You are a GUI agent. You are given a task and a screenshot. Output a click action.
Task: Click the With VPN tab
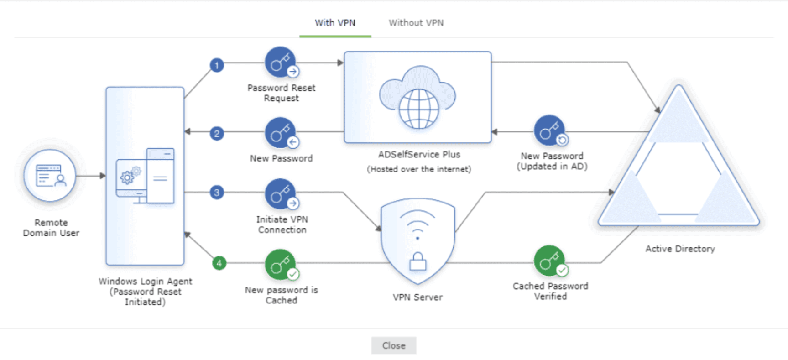tap(335, 23)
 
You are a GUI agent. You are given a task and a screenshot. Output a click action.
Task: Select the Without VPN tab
tap(416, 23)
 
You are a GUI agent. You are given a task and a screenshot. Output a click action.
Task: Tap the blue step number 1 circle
tap(217, 65)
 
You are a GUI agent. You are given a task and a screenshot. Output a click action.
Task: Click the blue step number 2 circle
tap(217, 134)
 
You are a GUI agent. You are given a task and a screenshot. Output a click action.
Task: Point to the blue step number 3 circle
tap(217, 193)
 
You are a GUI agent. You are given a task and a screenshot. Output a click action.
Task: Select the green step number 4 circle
tap(219, 263)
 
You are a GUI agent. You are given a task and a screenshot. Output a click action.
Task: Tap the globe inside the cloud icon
tap(418, 109)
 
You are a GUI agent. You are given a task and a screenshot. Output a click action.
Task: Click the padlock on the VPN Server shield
tap(417, 262)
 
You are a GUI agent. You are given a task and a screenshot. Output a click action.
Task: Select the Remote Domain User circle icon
tap(50, 176)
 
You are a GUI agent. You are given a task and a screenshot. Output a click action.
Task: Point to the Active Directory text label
tap(680, 249)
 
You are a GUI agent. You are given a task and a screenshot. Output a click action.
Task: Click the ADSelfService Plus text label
tap(419, 154)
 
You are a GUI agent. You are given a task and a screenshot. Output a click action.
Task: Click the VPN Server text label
tap(417, 297)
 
